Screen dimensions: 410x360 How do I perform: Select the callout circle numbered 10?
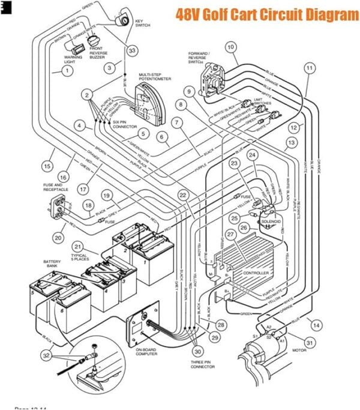tap(230, 47)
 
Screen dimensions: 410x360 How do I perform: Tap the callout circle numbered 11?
tap(309, 68)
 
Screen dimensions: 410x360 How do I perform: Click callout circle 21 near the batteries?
tap(78, 247)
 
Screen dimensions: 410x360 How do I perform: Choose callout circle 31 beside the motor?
tap(310, 343)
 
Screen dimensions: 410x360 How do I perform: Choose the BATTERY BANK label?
tap(52, 264)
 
